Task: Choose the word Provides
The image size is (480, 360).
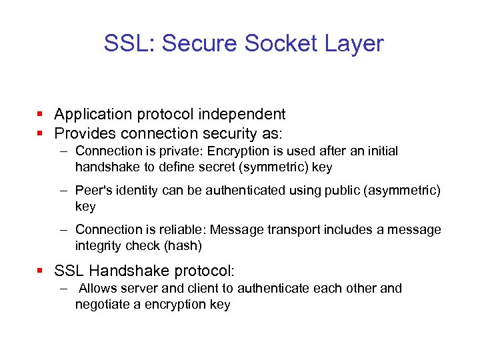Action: click(x=85, y=133)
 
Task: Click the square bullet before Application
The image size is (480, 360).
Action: click(x=42, y=115)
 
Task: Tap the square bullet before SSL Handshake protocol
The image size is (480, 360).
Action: click(x=42, y=271)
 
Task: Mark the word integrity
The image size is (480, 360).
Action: click(x=97, y=245)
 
